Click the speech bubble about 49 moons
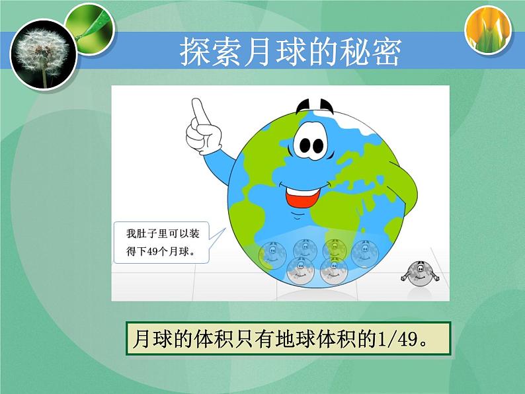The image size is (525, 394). pyautogui.click(x=162, y=242)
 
